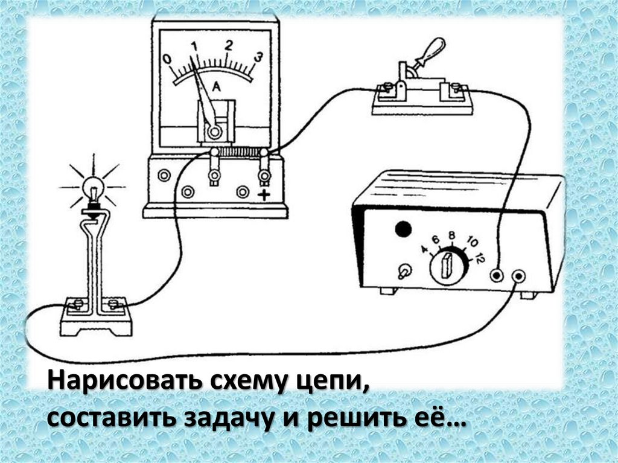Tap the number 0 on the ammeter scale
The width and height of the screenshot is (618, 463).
167,59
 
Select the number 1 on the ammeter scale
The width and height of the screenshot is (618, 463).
194,46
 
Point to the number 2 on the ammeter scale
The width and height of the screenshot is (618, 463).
229,45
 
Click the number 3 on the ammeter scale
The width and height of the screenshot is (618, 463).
258,57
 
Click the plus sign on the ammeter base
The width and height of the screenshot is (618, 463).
264,194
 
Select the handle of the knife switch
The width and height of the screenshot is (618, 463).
432,51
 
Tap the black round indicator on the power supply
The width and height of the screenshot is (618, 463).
403,229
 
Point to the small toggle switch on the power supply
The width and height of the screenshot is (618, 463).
403,272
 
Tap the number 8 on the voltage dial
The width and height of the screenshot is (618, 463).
451,235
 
